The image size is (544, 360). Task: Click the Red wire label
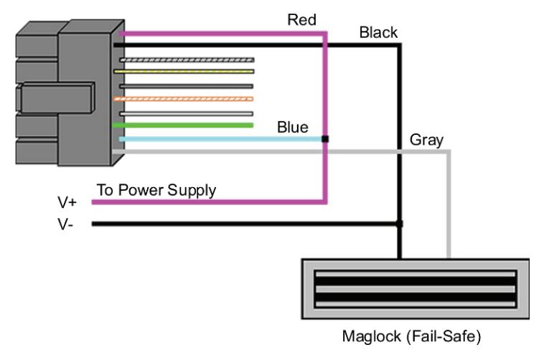[301, 20]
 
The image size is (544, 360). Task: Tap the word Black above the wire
[378, 32]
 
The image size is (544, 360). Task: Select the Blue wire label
[293, 127]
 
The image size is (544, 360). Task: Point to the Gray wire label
[426, 140]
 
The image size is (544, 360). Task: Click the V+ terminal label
[67, 202]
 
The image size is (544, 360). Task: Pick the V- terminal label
[65, 224]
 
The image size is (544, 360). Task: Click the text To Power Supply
[156, 191]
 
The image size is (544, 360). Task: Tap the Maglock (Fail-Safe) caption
[411, 336]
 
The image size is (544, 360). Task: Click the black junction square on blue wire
[325, 139]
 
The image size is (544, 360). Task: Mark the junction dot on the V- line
[400, 224]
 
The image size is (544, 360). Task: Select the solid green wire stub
[183, 125]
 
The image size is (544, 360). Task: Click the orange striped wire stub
[184, 99]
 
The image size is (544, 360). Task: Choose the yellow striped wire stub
[184, 72]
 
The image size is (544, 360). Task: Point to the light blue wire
[222, 139]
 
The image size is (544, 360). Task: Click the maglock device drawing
[416, 289]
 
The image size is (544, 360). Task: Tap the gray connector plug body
[70, 93]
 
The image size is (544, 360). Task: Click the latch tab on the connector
[57, 98]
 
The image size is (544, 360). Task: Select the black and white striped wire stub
[187, 60]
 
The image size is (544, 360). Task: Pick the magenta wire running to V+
[325, 118]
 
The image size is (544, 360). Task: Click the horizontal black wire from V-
[245, 224]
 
